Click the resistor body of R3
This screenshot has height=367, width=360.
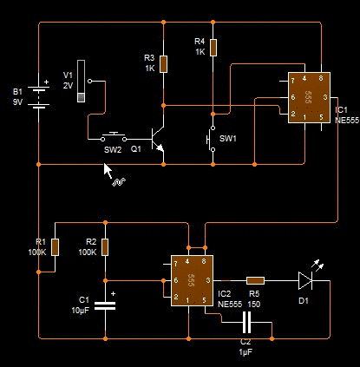(x=163, y=64)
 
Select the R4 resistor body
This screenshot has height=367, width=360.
(x=213, y=48)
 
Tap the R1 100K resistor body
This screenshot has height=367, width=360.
(x=55, y=247)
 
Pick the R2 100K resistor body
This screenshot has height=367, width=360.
(x=105, y=247)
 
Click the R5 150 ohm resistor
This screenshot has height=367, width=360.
(x=255, y=280)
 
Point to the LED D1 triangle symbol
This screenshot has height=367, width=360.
(x=305, y=280)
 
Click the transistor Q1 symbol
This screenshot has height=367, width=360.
(x=158, y=140)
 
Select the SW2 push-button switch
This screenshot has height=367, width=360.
(x=114, y=137)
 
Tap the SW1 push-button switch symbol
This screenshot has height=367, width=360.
(x=211, y=139)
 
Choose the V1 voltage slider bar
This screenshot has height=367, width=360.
(x=82, y=82)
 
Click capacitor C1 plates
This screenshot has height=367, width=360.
(x=105, y=305)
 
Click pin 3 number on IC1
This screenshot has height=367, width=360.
(x=325, y=97)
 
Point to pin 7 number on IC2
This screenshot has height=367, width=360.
(x=175, y=264)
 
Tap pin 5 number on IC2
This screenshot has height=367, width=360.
(x=204, y=300)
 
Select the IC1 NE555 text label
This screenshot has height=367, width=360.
(x=347, y=115)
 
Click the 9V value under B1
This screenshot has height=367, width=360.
(x=17, y=102)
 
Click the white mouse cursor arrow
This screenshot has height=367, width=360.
(x=108, y=171)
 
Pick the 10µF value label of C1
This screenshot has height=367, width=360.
(x=81, y=311)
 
